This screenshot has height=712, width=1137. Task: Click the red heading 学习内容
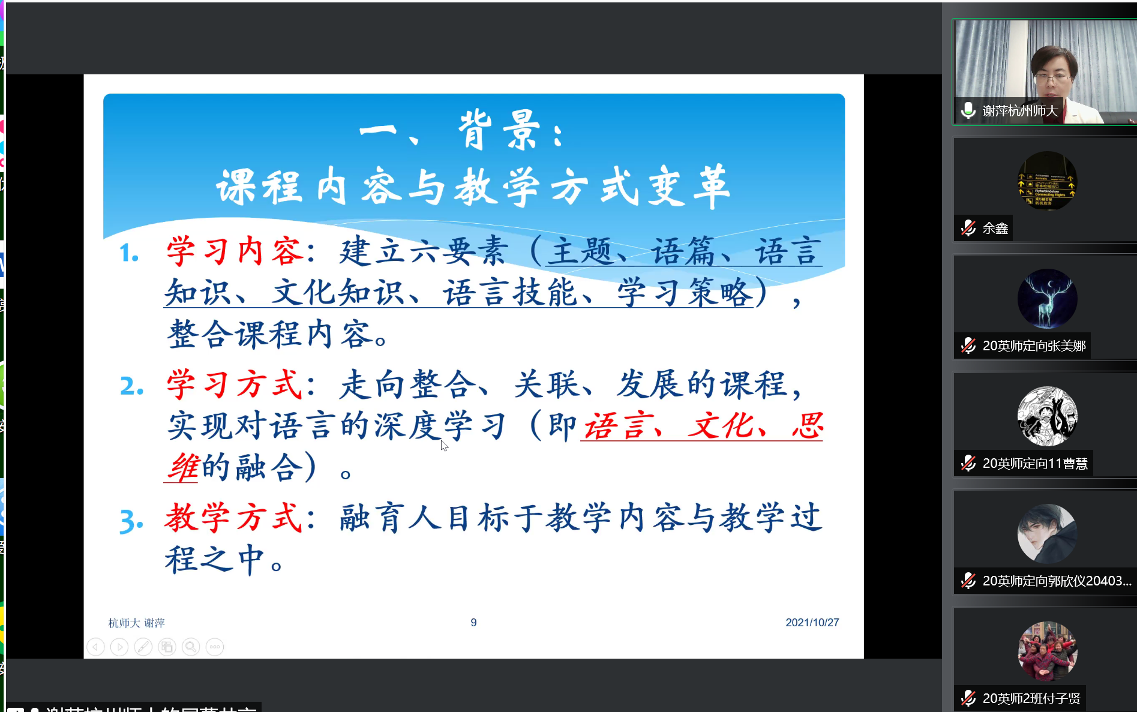[235, 251]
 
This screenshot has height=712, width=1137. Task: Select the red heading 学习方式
[235, 384]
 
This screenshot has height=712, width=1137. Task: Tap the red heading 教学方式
[234, 518]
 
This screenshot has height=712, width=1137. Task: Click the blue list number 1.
[128, 253]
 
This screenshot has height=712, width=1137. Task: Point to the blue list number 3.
[131, 521]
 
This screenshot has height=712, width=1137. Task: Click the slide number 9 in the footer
[473, 623]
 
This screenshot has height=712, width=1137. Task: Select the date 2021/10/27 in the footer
[812, 623]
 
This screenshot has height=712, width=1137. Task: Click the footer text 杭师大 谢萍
[136, 623]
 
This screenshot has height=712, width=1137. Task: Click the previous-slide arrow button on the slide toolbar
[95, 647]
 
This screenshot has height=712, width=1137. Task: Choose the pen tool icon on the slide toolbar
[143, 647]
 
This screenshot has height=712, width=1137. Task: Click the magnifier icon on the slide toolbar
[191, 647]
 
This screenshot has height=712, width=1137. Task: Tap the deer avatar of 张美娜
[1047, 299]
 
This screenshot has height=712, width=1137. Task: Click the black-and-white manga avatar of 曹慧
[1047, 416]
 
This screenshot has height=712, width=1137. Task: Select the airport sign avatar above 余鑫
[1047, 181]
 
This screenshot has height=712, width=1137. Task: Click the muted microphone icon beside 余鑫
[968, 228]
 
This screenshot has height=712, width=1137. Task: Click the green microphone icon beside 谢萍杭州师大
[968, 110]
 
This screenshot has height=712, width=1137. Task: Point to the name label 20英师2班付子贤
[1031, 698]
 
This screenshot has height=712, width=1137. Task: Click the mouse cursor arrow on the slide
[444, 445]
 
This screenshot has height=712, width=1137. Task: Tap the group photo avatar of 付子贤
[1047, 651]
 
